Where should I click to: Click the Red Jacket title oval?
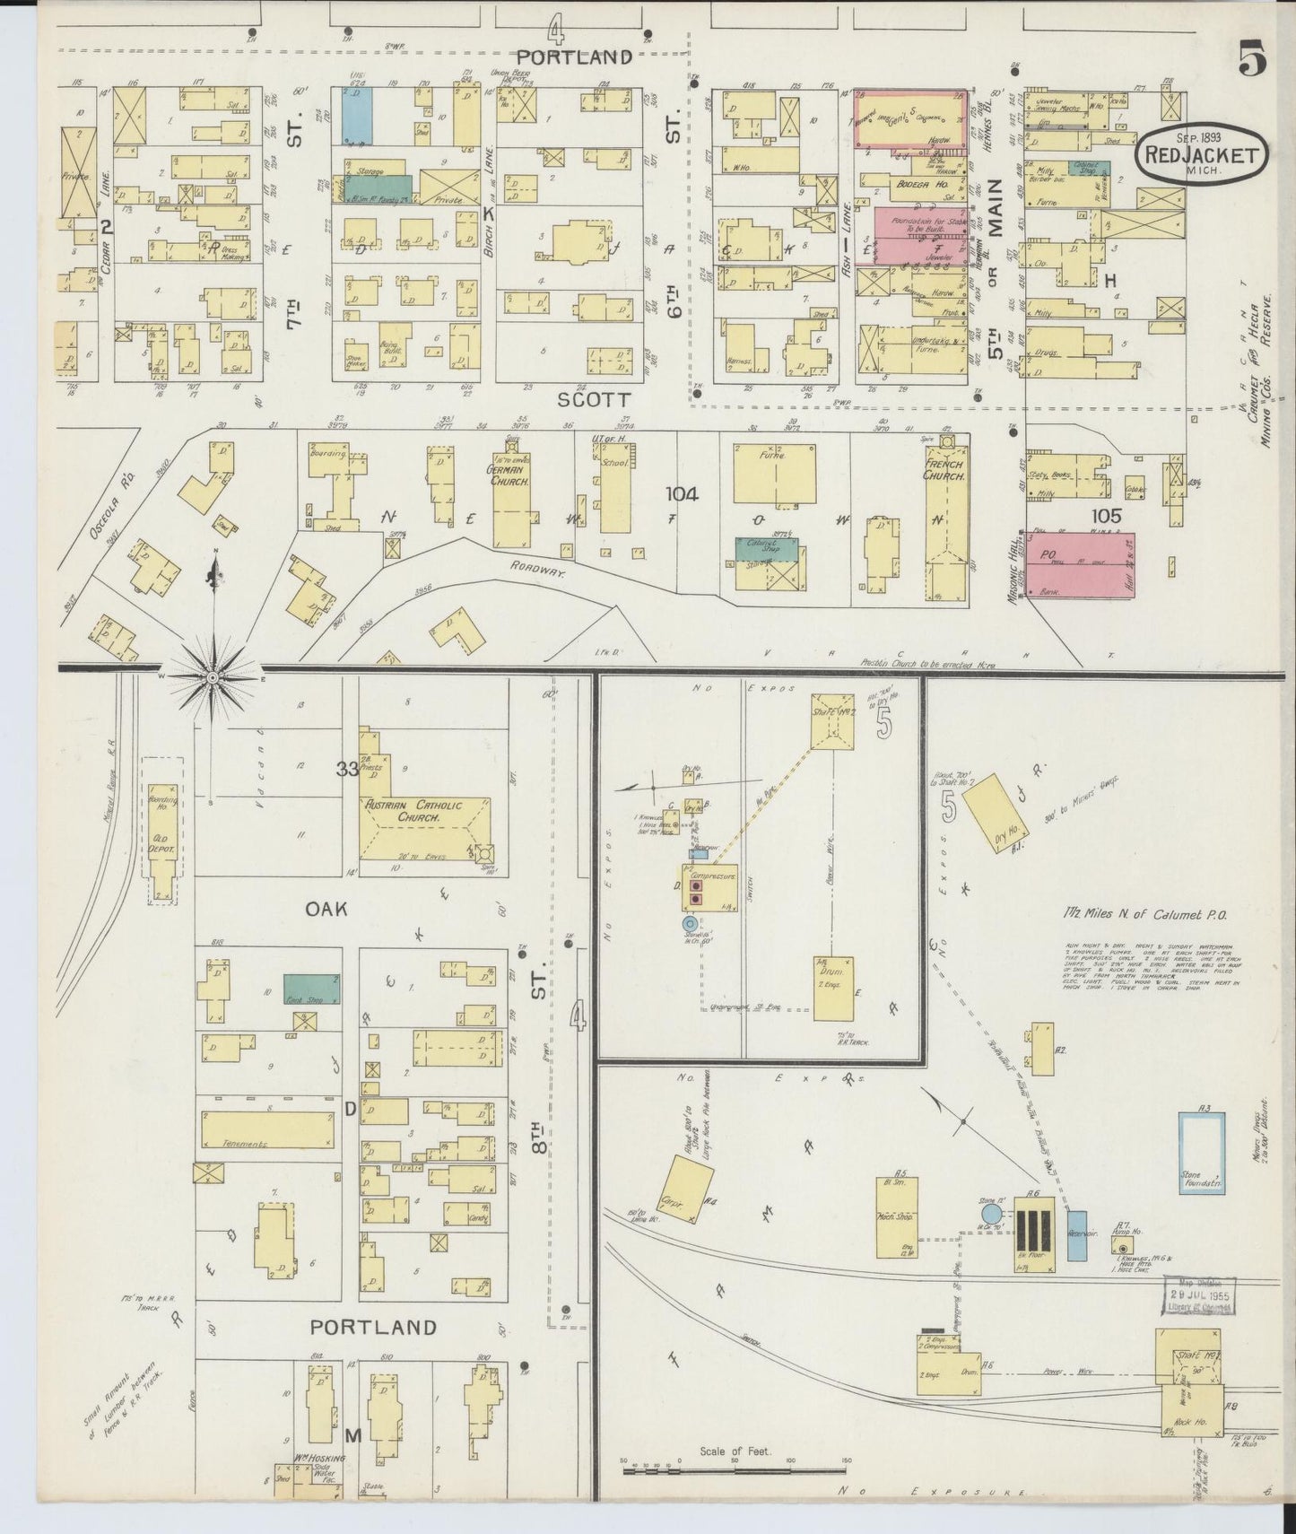point(1202,154)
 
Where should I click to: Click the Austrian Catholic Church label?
point(413,811)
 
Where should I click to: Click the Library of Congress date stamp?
point(1200,1298)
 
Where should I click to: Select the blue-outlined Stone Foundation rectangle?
point(1201,1153)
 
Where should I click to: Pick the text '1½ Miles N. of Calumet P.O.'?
point(1138,914)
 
